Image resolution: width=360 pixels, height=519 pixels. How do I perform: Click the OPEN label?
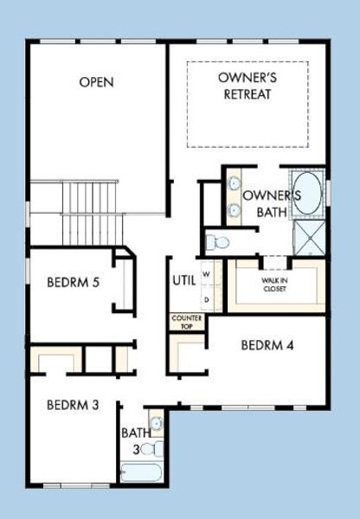[97, 82]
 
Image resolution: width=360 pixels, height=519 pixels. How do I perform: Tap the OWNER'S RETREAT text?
[247, 85]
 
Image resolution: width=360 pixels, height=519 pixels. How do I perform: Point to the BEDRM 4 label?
[267, 345]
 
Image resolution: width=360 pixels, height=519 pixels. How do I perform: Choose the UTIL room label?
[184, 280]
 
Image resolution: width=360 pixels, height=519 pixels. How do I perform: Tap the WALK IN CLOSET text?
[274, 285]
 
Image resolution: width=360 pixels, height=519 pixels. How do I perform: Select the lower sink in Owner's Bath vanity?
[235, 209]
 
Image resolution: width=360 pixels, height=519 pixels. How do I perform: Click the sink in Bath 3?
[157, 424]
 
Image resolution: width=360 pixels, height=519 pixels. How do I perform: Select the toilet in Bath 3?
[152, 448]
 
